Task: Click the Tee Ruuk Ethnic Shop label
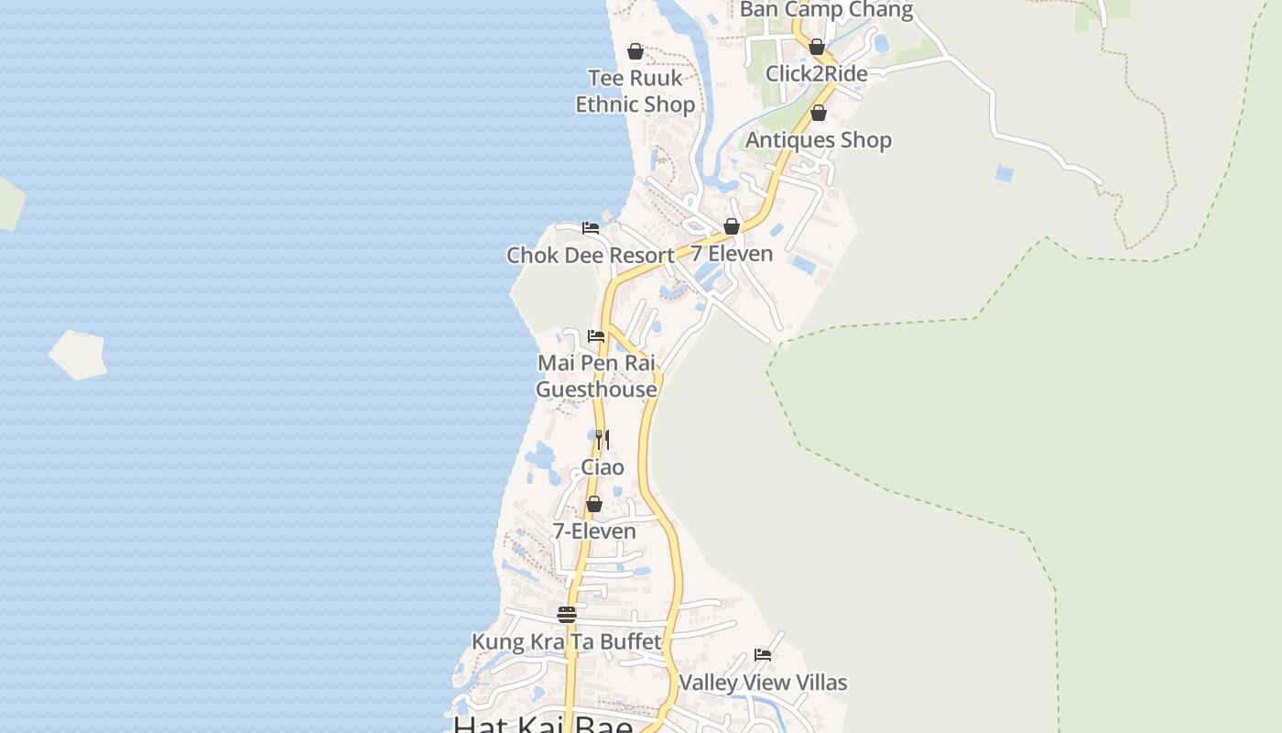pos(636,91)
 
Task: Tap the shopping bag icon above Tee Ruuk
pos(636,51)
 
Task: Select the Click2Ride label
pos(816,73)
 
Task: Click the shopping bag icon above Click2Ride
pos(817,47)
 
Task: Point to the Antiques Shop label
pos(818,139)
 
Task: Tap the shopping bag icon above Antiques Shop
pos(819,113)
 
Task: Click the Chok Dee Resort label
pos(591,255)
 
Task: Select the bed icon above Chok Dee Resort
pos(591,228)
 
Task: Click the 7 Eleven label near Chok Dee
pos(732,253)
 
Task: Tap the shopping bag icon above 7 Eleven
pos(732,226)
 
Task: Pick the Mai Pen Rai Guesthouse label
pos(596,376)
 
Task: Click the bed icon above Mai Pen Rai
pos(596,336)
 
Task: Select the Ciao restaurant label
pos(603,467)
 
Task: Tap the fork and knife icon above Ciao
pos(603,440)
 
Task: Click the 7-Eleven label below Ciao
pos(594,531)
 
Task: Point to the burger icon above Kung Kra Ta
pos(567,614)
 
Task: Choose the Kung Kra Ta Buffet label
pos(566,641)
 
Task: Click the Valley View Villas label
pos(763,683)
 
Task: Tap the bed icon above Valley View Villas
pos(763,655)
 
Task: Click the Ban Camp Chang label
pos(826,10)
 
